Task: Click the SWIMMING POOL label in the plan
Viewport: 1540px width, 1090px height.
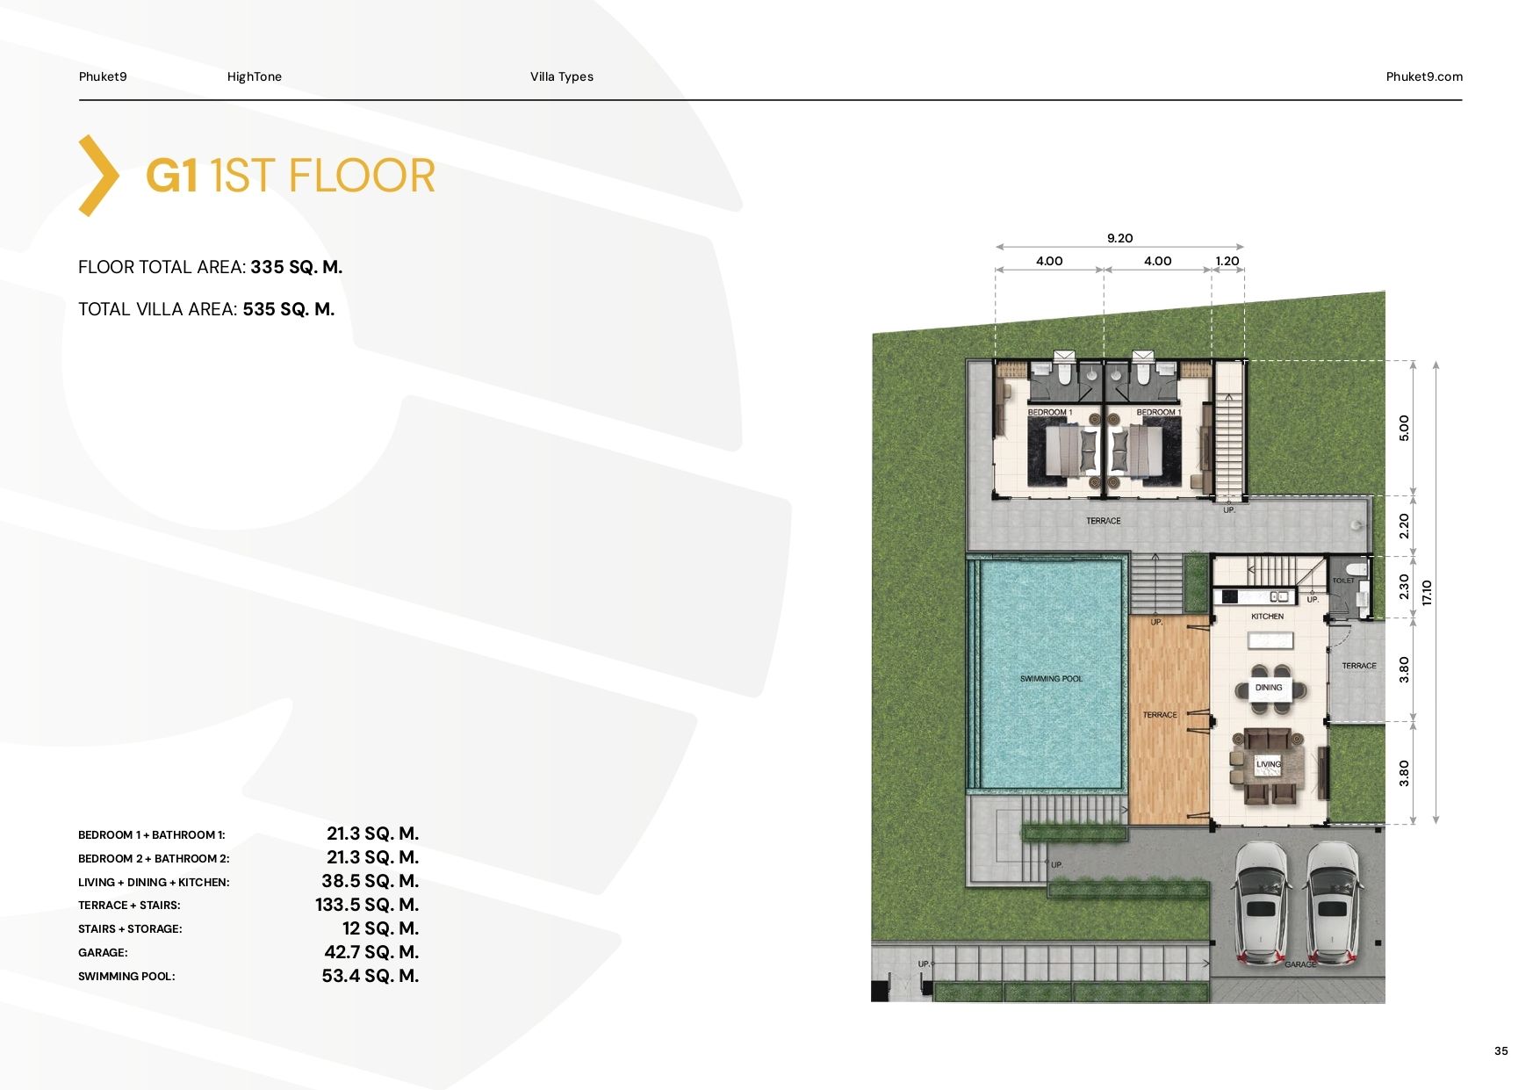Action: point(1051,679)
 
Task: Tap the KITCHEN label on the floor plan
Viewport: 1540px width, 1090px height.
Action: point(1267,617)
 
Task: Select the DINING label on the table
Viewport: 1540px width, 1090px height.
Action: point(1269,688)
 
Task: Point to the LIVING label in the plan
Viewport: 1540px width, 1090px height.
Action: point(1269,764)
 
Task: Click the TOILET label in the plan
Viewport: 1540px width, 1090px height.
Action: point(1343,581)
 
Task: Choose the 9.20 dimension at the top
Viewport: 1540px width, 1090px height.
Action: point(1119,238)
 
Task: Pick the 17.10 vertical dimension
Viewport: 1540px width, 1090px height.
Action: point(1427,593)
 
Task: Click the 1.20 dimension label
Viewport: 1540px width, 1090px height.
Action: point(1227,261)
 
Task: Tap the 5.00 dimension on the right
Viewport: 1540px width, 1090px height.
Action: point(1404,428)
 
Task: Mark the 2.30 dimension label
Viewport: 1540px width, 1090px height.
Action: point(1404,587)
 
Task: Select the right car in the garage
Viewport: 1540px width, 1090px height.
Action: point(1332,904)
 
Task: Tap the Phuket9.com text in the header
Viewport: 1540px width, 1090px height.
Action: point(1424,76)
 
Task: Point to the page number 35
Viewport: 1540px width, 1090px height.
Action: point(1501,1050)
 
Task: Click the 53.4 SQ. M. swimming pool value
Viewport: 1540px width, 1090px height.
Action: point(371,976)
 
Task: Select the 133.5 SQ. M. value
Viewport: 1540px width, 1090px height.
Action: point(367,905)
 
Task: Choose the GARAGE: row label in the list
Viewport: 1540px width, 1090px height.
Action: point(103,953)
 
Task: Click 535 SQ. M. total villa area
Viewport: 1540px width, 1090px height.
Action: point(289,309)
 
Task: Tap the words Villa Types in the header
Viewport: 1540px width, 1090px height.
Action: point(562,76)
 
